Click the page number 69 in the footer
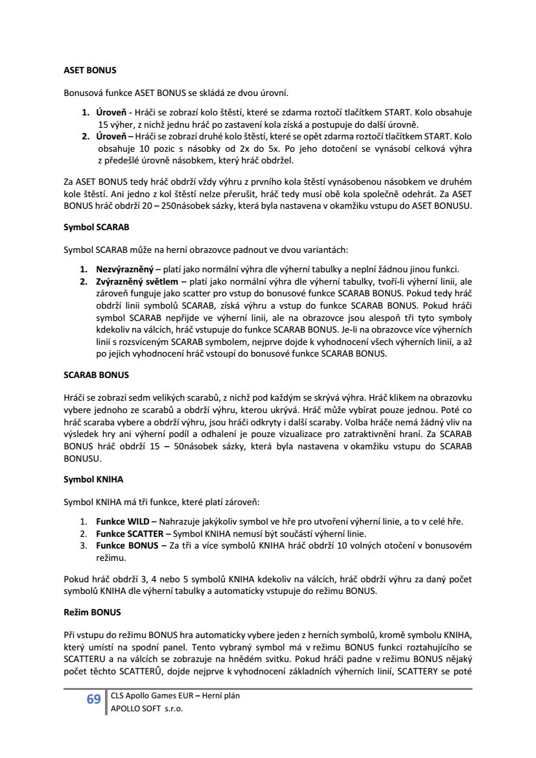pyautogui.click(x=93, y=700)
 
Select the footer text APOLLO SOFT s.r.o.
pyautogui.click(x=147, y=709)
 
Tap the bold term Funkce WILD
pyautogui.click(x=122, y=521)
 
